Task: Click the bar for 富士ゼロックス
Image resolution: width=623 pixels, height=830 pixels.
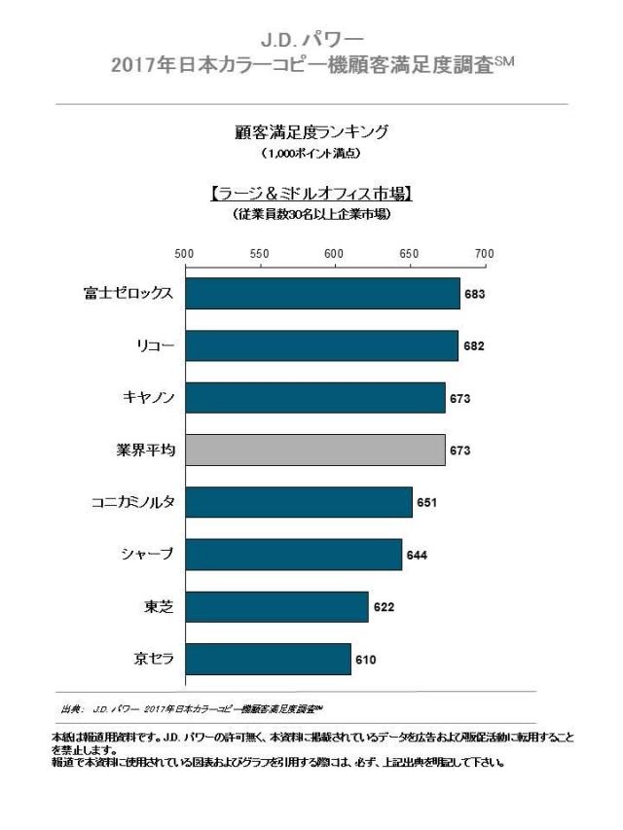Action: tap(321, 293)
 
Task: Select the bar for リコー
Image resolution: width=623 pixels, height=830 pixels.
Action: tap(321, 345)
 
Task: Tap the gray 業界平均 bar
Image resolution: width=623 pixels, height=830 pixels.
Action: tap(314, 450)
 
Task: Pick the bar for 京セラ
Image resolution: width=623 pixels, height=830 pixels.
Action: tap(268, 659)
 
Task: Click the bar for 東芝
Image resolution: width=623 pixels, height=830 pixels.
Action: tap(276, 606)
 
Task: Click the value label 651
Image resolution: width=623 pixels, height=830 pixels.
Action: tap(426, 503)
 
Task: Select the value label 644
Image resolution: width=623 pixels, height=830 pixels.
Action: tap(417, 556)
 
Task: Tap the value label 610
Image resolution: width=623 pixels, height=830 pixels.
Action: tap(365, 660)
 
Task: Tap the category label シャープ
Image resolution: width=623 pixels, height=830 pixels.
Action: tap(145, 555)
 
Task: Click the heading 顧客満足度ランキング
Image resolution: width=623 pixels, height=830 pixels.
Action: tap(311, 131)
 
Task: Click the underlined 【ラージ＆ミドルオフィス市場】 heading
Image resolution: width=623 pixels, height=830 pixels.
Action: tap(311, 194)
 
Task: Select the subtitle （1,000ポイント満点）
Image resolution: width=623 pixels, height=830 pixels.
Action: tap(311, 154)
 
